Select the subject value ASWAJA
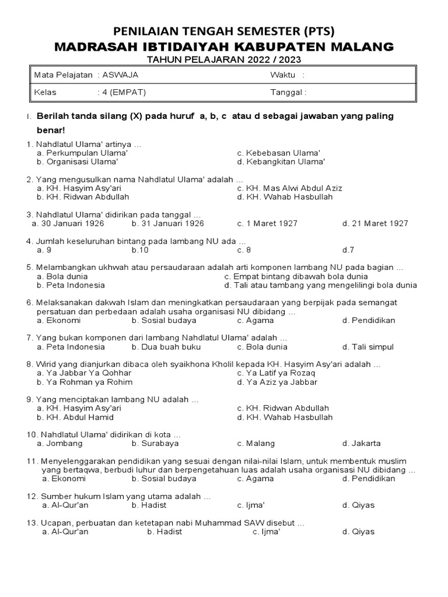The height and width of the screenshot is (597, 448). pyautogui.click(x=120, y=75)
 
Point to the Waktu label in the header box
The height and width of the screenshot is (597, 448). pyautogui.click(x=282, y=75)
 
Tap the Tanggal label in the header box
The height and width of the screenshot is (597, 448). pyautogui.click(x=288, y=92)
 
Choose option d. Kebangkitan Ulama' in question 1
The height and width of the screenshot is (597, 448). pyautogui.click(x=281, y=161)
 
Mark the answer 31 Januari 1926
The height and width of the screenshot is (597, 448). pyautogui.click(x=167, y=223)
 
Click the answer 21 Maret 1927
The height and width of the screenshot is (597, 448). pyautogui.click(x=375, y=223)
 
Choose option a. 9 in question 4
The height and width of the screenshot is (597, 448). pyautogui.click(x=44, y=250)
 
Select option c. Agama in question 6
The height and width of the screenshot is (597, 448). pyautogui.click(x=255, y=320)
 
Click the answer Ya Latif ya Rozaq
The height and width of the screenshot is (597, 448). pyautogui.click(x=276, y=373)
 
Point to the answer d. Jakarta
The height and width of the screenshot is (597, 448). pyautogui.click(x=362, y=443)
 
